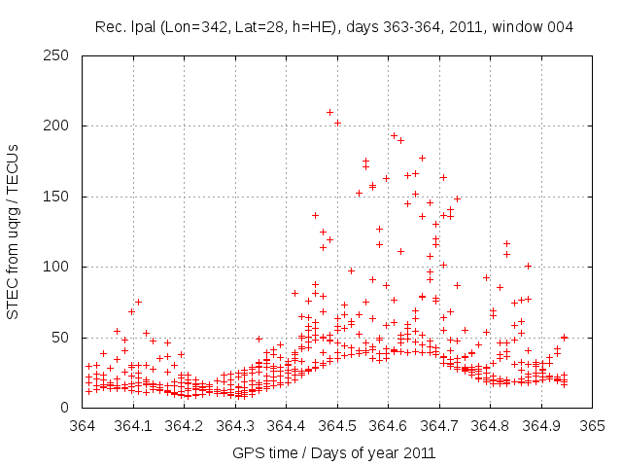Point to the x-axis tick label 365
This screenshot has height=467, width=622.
[592, 426]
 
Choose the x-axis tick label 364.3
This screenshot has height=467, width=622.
[235, 426]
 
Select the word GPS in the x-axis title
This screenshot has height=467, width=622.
[247, 452]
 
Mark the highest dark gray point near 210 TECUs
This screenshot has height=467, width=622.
[329, 112]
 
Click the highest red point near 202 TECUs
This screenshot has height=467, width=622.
[337, 123]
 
